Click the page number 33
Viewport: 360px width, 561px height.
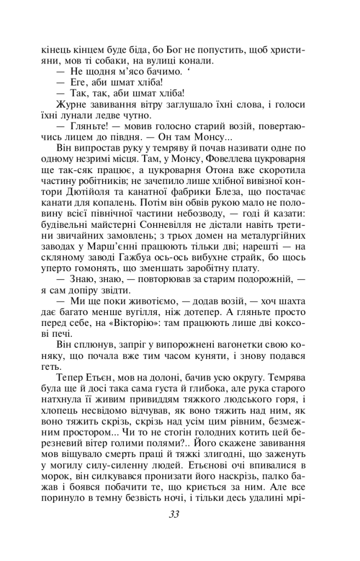tap(174, 514)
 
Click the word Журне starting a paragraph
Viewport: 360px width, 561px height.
tap(71, 105)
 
